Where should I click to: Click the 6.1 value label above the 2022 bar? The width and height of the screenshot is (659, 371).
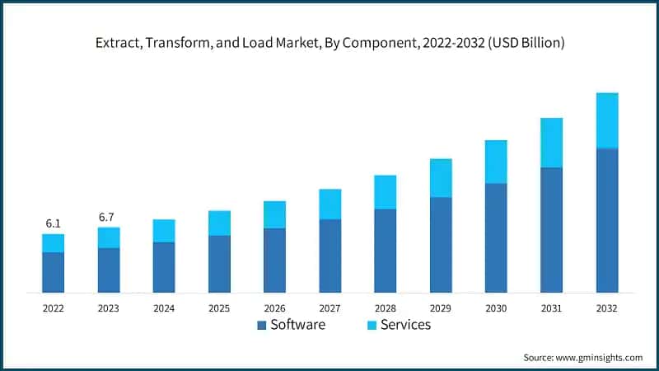coord(53,223)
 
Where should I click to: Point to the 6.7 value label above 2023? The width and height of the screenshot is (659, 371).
coord(107,217)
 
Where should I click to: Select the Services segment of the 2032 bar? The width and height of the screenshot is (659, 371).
coord(606,120)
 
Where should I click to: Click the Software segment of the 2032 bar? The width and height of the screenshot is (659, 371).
coord(606,220)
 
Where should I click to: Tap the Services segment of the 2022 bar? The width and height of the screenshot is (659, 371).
coord(53,243)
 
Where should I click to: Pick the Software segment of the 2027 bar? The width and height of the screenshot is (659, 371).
coord(329,256)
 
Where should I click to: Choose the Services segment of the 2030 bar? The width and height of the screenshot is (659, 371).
coord(496,162)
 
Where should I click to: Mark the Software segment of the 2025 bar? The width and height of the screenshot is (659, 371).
coord(219,264)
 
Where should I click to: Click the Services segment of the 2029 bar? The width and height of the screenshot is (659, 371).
coord(441,178)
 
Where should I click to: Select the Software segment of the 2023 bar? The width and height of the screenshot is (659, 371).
coord(108,270)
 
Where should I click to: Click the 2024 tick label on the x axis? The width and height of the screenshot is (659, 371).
coord(164,308)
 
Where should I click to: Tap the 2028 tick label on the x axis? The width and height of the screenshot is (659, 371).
coord(385,308)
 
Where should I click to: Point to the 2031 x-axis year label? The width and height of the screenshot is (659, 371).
coord(551,308)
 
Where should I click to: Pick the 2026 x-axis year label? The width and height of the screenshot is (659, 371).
coord(274,308)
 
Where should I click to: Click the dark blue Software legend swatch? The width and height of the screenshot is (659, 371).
coord(262,326)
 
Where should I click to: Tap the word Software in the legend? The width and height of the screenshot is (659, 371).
coord(298,325)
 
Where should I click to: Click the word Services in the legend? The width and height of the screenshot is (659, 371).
coord(405,325)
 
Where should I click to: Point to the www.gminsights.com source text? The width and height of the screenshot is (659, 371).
coord(600,357)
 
